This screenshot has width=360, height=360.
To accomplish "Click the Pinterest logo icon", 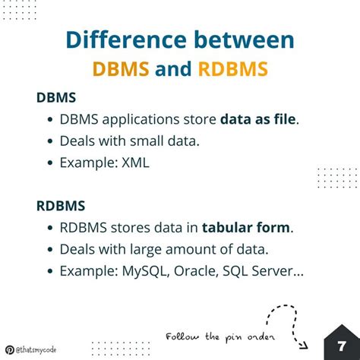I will tap(8, 350).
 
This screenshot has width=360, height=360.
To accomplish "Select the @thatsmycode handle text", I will tap(37, 350).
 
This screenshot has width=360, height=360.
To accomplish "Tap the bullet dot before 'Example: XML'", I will tap(50, 162).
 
